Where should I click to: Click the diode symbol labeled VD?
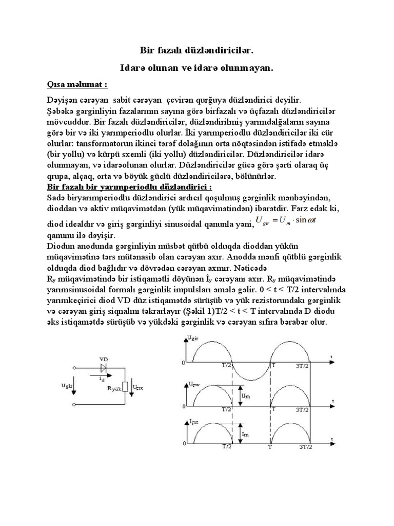pyautogui.click(x=104, y=368)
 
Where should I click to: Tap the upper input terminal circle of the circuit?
pyautogui.click(x=75, y=368)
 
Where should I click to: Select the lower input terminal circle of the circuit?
pyautogui.click(x=75, y=405)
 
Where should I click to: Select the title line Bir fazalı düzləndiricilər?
pyautogui.click(x=196, y=51)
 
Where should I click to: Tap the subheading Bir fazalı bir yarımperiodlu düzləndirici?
pyautogui.click(x=129, y=186)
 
